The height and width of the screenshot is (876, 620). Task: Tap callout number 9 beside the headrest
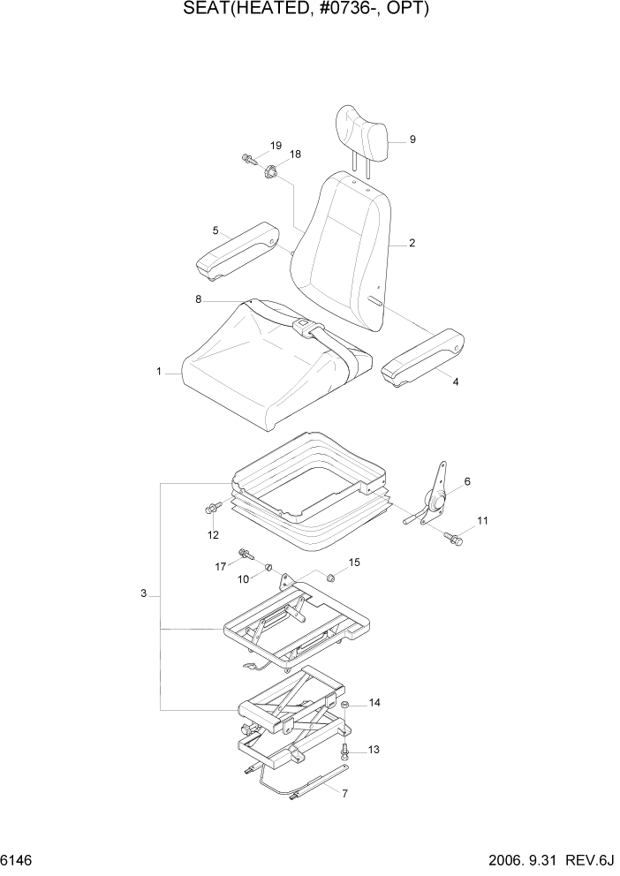[412, 140]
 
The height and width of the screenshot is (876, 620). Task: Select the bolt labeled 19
[247, 160]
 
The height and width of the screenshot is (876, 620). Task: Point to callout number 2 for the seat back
[412, 243]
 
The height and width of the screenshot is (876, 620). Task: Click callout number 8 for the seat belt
[199, 300]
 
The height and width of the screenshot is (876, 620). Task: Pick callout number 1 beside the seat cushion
[159, 373]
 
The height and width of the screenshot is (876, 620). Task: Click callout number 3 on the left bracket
[143, 594]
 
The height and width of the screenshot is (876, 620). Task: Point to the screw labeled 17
[244, 555]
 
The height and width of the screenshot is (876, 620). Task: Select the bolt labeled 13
[345, 751]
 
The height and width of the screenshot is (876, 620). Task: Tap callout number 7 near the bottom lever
[344, 793]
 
